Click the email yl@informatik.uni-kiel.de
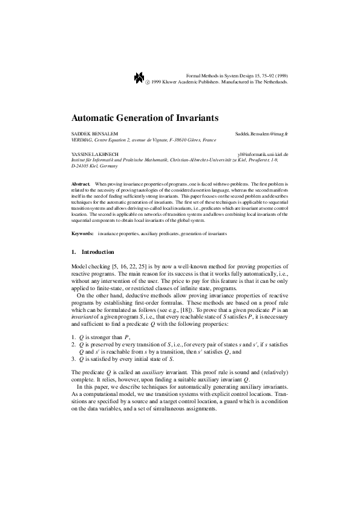(x=263, y=155)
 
